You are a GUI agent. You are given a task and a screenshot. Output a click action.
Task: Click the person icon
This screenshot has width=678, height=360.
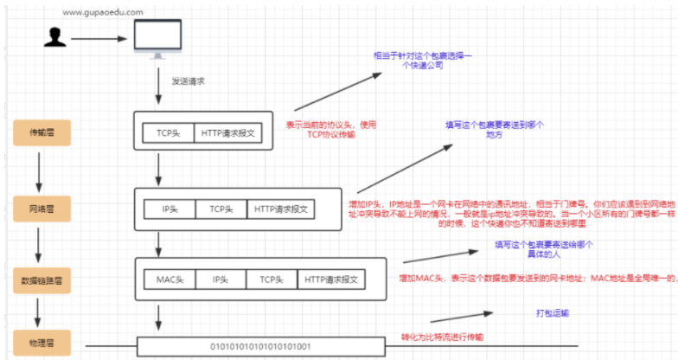[56, 37]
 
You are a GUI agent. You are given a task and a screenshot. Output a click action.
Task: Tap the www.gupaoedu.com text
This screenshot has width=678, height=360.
[102, 12]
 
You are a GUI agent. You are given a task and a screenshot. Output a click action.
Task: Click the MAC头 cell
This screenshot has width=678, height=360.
[169, 280]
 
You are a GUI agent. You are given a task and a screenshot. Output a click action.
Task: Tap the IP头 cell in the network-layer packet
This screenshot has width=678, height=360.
[169, 209]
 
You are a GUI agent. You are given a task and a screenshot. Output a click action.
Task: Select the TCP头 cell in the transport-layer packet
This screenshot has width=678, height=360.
[168, 133]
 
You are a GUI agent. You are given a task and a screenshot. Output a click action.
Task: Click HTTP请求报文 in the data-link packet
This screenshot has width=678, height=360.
[332, 280]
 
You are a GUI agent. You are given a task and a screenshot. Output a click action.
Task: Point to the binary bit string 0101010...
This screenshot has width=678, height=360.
[259, 346]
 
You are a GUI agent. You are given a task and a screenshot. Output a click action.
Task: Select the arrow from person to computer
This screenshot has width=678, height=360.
[99, 38]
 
